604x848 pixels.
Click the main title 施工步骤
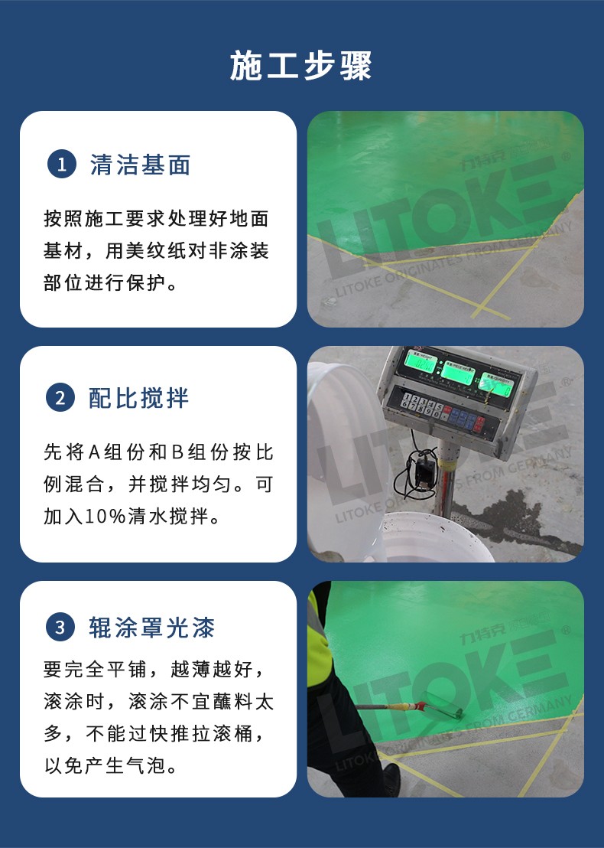301,67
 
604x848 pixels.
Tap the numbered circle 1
61,165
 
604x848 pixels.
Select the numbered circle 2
61,398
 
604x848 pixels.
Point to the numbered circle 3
61,628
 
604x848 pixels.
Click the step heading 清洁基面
140,165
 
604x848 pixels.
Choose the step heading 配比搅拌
139,398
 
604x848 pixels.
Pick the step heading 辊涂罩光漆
152,628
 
